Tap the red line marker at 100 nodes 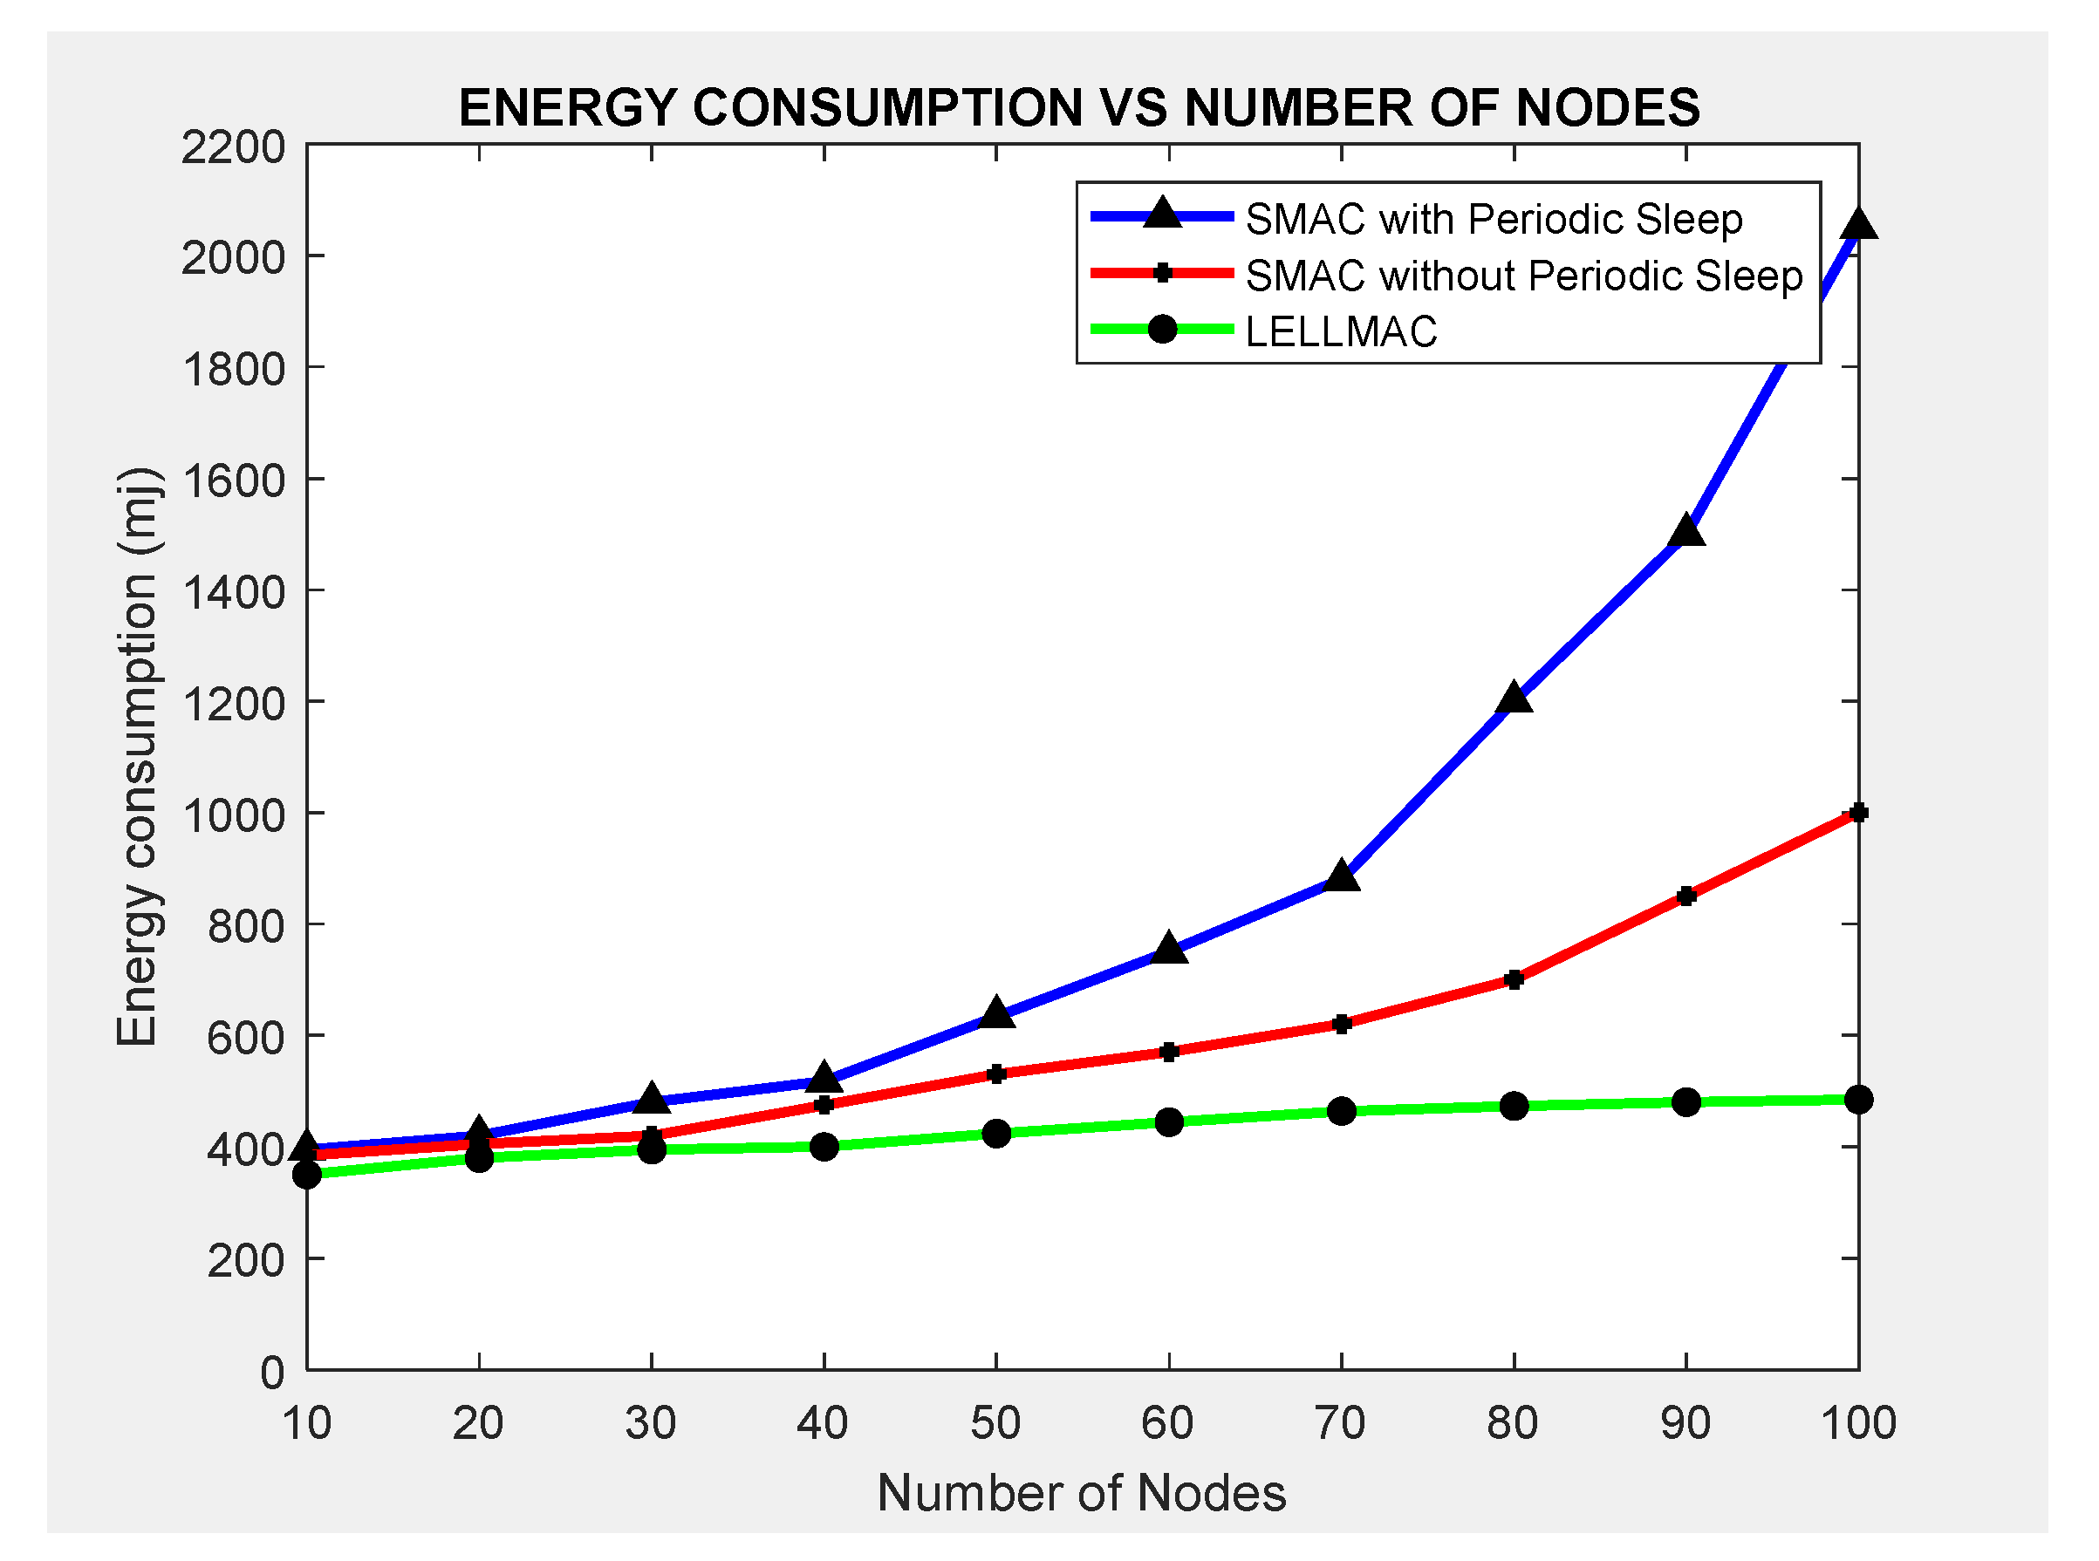tap(1858, 813)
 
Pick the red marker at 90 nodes tap(1686, 896)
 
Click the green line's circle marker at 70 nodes tap(1341, 1111)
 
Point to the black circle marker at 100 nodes tap(1858, 1100)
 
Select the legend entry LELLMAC tap(1341, 331)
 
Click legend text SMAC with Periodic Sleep tap(1494, 219)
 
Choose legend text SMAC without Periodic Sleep tap(1523, 276)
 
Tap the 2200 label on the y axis tap(232, 148)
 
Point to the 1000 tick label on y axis tap(232, 815)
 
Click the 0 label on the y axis tap(272, 1372)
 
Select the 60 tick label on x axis tap(1168, 1423)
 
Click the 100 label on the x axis tap(1858, 1423)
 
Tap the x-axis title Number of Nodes tap(1081, 1493)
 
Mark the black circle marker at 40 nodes tap(824, 1147)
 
